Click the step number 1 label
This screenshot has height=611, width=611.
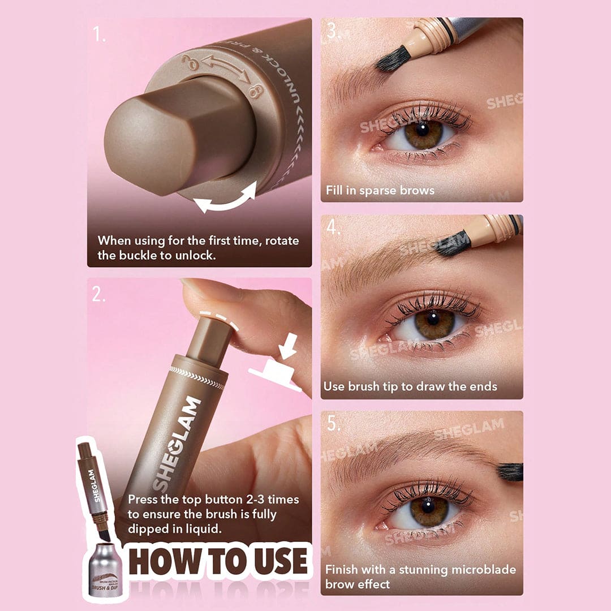100,35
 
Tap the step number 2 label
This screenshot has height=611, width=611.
100,294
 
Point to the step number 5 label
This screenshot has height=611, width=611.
334,424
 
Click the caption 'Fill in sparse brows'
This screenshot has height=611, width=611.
380,191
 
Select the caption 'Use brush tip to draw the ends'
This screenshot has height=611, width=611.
410,387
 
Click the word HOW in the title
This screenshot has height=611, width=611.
164,562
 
